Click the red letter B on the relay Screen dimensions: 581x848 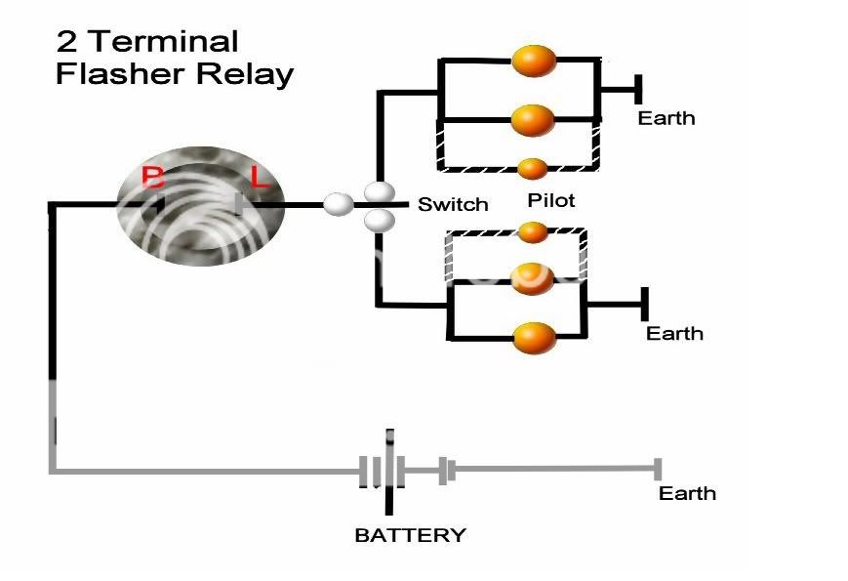153,178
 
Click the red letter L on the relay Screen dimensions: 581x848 259,178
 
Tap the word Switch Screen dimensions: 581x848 453,205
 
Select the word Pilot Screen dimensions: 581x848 550,200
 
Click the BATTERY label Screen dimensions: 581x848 410,535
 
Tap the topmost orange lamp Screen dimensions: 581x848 534,61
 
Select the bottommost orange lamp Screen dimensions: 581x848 534,338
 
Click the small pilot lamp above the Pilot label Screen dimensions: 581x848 532,168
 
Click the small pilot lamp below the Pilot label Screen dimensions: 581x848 532,232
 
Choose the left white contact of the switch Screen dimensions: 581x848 339,205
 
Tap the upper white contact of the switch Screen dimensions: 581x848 379,190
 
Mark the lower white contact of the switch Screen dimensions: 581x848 379,222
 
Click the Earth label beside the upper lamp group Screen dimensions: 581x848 666,118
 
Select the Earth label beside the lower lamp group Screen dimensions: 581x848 674,333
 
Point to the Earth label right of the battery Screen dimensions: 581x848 687,492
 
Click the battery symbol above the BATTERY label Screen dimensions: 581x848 390,472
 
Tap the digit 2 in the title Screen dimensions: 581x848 66,41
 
